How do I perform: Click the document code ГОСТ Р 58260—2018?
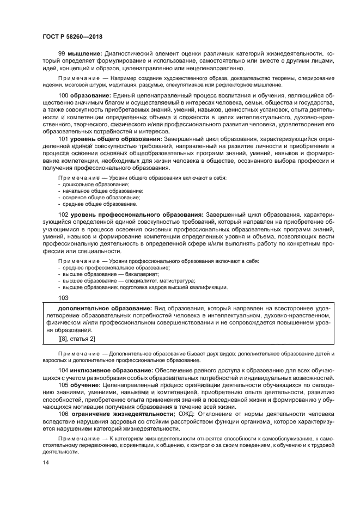pos(72,37)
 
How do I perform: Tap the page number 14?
pos(45,462)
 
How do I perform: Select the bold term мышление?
pos(84,54)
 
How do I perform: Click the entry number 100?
pos(63,95)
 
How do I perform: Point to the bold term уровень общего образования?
pos(114,139)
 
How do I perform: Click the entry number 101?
pos(63,139)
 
